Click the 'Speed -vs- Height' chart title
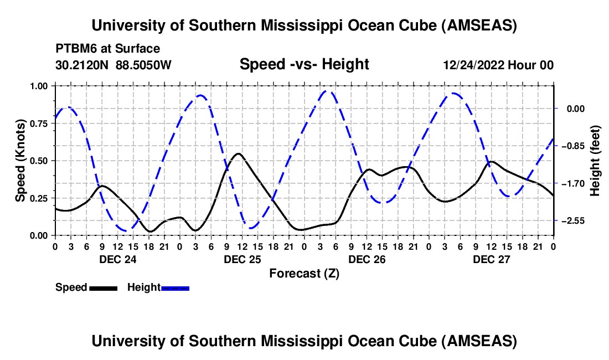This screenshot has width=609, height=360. [x=304, y=64]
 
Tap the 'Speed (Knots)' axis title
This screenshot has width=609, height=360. [x=20, y=160]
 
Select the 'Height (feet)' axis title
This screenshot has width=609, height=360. [x=595, y=161]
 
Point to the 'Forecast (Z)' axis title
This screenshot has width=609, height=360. [x=304, y=273]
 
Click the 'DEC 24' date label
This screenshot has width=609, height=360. [x=117, y=259]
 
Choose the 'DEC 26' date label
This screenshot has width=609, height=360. [x=366, y=259]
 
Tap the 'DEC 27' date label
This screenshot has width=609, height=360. [x=491, y=259]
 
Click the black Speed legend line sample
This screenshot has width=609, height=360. [x=103, y=288]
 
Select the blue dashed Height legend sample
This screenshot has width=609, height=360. [x=175, y=288]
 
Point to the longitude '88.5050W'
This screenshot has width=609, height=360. [x=144, y=65]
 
